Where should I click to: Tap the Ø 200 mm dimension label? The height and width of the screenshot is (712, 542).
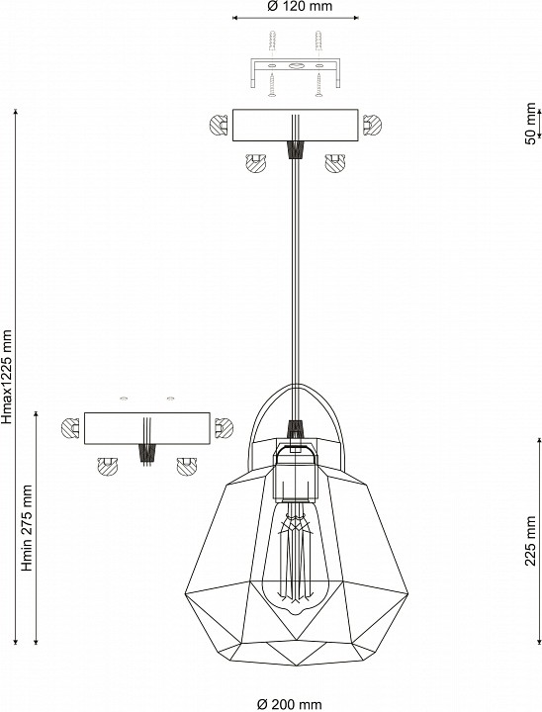coord(290,704)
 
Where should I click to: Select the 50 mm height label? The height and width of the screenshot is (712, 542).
coord(530,124)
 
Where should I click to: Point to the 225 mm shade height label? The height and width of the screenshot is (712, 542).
coord(530,541)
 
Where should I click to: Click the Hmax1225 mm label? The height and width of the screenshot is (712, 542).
coord(6,377)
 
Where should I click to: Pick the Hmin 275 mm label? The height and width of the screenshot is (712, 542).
coord(28,528)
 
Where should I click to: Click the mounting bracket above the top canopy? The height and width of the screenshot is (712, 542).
coord(296,72)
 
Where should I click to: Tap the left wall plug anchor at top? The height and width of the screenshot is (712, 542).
coord(272,44)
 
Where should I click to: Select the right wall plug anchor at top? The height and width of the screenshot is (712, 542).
coord(318,44)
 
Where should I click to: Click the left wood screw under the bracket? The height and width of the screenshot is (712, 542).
coord(272,86)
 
